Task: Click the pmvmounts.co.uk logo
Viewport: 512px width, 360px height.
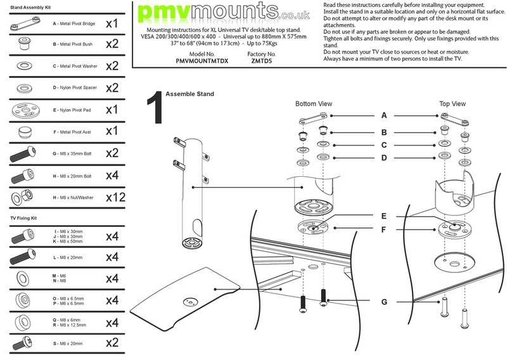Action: [224, 14]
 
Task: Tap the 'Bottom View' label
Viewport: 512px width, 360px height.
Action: [314, 103]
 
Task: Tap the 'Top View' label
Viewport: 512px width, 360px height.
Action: [452, 103]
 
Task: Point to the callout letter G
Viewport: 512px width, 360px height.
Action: [383, 302]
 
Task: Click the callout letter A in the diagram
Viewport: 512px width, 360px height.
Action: [383, 116]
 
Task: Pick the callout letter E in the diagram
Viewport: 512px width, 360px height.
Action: [383, 215]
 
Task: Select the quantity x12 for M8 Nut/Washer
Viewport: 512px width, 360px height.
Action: [115, 197]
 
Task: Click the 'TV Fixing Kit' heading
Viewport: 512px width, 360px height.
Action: [25, 217]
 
